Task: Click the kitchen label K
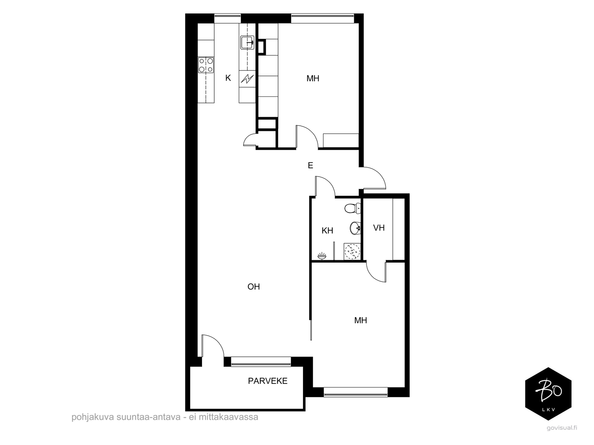tap(228, 78)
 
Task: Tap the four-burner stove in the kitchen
tap(206, 65)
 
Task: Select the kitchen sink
tap(247, 43)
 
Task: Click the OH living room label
tap(254, 287)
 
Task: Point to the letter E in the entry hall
tap(310, 165)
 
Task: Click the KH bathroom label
tap(327, 231)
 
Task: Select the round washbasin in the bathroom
tap(355, 228)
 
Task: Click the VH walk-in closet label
tap(379, 228)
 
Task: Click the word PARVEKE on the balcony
tap(268, 381)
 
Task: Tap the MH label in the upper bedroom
tap(313, 79)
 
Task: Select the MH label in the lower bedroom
tap(360, 320)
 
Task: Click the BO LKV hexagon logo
tap(548, 394)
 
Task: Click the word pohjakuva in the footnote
tap(92, 417)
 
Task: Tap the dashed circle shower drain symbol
tap(352, 251)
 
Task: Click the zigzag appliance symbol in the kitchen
tap(247, 79)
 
